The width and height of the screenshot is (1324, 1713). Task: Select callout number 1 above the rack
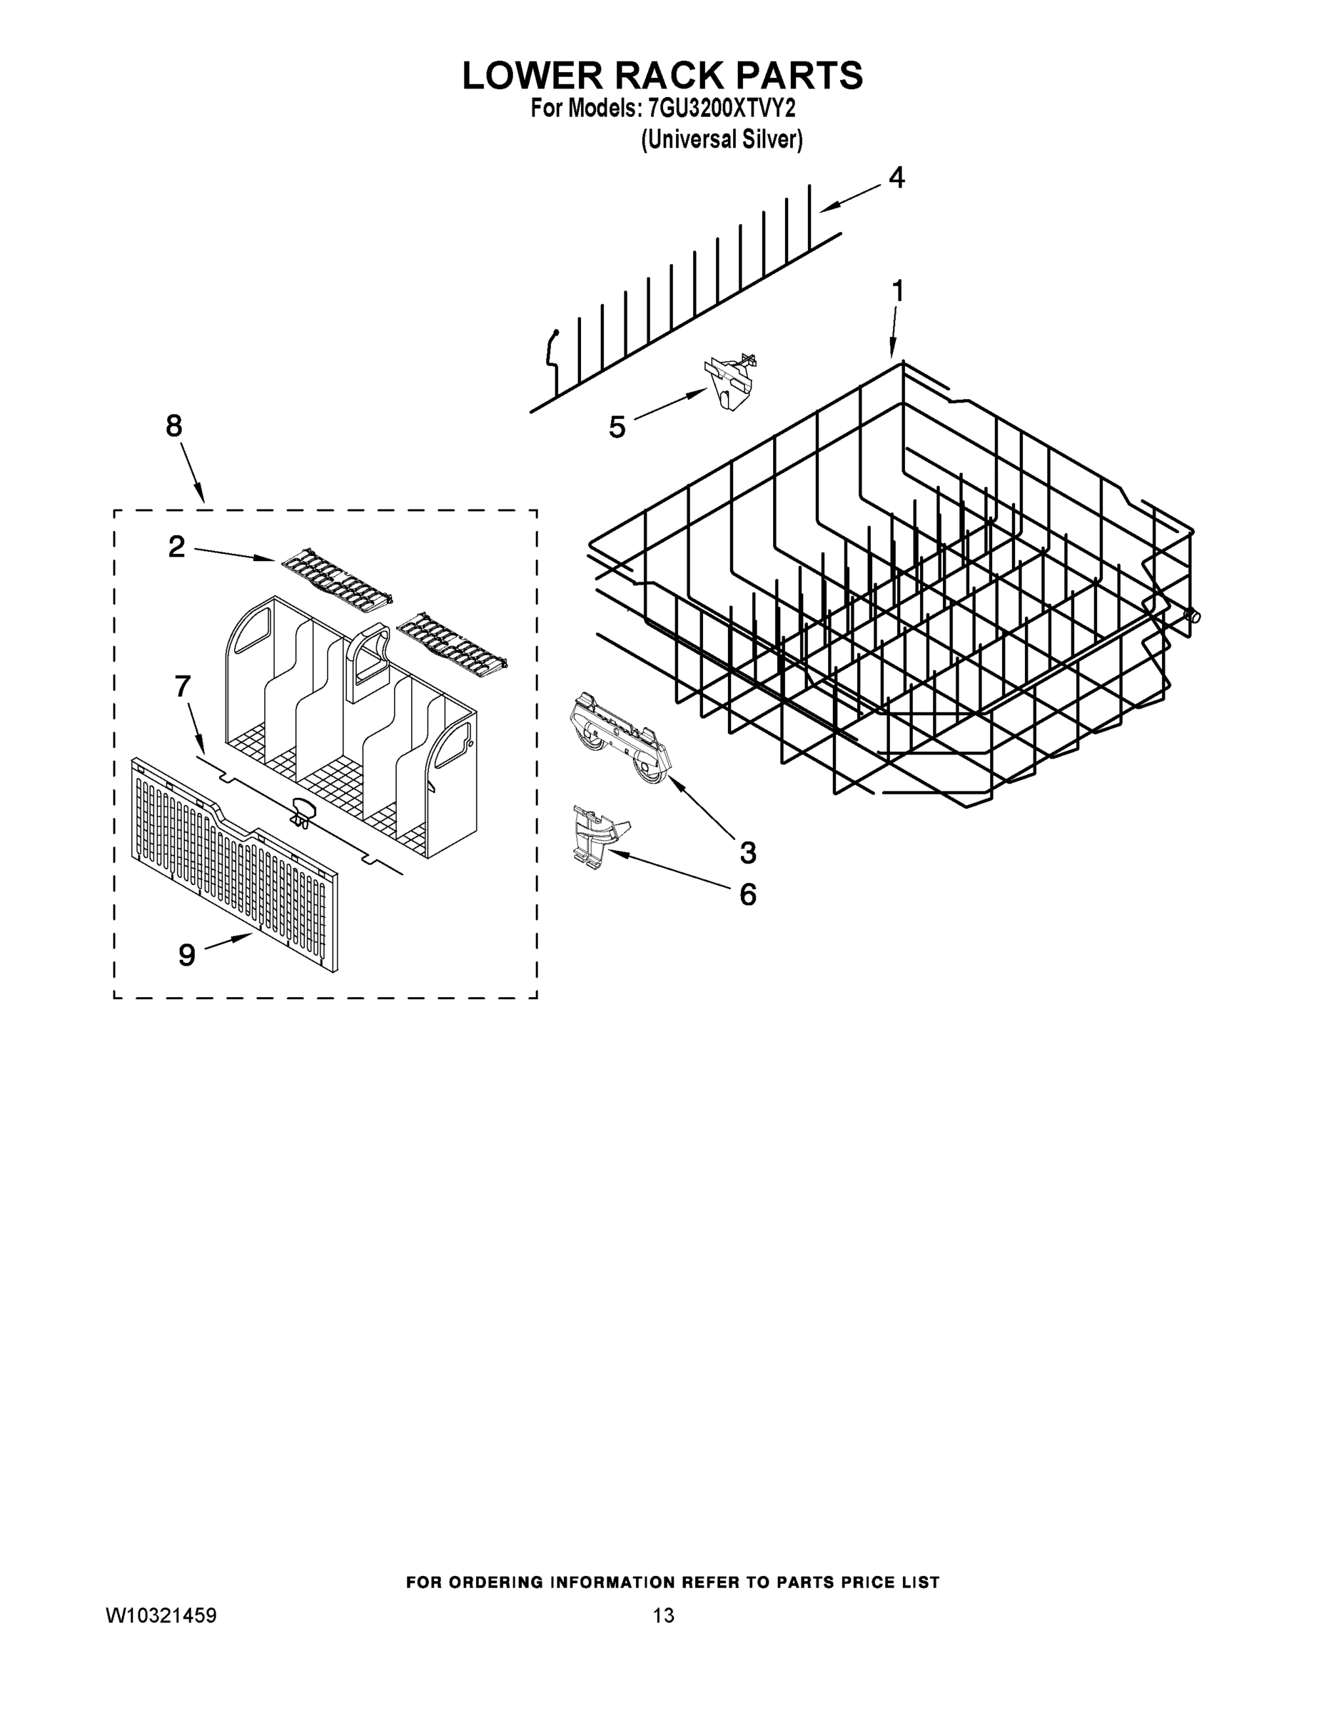coord(897,292)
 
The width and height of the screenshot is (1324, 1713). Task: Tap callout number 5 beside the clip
coord(617,428)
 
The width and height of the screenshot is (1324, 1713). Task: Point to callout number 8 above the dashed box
coord(173,426)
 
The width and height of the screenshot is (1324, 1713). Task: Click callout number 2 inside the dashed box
coord(176,547)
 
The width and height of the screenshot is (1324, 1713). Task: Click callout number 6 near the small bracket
coord(747,894)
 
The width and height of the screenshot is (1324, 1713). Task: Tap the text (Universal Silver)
coord(722,141)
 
